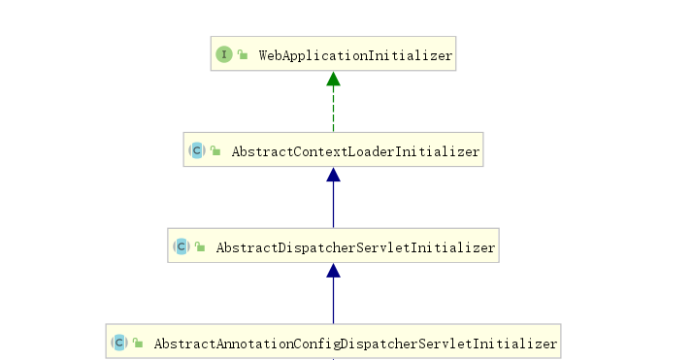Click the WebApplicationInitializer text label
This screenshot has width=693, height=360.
[355, 55]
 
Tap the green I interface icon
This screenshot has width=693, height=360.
[224, 55]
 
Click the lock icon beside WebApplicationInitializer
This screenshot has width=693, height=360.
[243, 55]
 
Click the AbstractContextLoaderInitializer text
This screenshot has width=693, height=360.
[354, 151]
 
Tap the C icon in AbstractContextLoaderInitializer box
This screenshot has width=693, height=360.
[197, 151]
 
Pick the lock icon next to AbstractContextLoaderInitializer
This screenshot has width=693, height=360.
[215, 151]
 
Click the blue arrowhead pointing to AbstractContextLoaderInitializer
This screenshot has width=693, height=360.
[333, 175]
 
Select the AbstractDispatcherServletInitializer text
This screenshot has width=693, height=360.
[355, 248]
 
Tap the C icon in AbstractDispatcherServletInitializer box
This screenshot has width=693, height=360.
[181, 248]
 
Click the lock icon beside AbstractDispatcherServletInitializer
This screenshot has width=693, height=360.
[200, 248]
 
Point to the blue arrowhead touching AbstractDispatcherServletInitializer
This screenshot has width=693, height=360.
[333, 272]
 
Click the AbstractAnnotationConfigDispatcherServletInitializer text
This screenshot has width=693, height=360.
[355, 344]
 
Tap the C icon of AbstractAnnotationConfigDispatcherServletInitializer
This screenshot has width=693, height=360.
[119, 344]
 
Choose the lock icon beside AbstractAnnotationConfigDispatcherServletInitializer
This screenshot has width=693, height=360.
[138, 344]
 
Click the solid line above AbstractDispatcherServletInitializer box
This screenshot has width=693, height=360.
[333, 206]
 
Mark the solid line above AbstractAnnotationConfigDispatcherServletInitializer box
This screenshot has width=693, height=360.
[333, 303]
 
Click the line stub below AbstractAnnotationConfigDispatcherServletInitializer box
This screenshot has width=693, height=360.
[333, 358]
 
